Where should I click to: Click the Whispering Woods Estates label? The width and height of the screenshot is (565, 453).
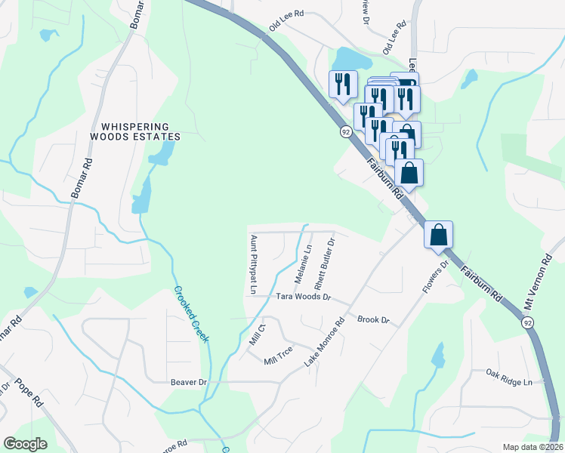point(135,132)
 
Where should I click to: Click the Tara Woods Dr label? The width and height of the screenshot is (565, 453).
point(303,297)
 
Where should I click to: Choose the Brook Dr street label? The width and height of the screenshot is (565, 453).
point(373,320)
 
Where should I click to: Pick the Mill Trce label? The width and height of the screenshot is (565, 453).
point(278,356)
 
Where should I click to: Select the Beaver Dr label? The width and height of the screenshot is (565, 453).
point(189,383)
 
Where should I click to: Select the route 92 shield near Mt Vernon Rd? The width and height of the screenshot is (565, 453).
point(526,322)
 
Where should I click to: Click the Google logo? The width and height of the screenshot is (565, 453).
point(25,443)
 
